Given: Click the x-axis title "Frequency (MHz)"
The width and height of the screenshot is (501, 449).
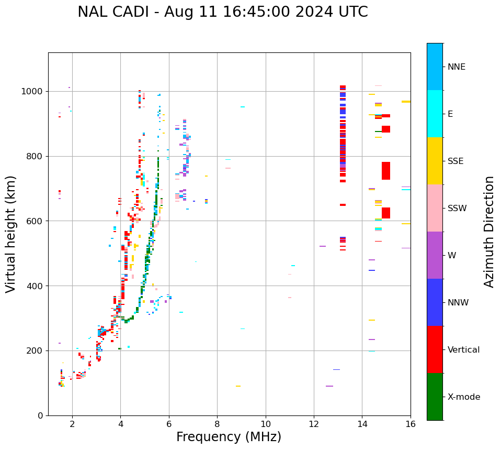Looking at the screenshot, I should click(229, 437).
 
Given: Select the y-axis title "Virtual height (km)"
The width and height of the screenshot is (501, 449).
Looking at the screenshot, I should click(11, 234).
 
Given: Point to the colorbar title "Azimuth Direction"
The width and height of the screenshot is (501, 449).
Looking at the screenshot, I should click(489, 232).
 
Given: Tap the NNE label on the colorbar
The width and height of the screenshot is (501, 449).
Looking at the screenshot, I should click(457, 67).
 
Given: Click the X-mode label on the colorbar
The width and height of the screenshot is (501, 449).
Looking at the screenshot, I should click(464, 397).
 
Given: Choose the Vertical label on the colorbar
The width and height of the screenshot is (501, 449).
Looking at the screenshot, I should click(463, 350).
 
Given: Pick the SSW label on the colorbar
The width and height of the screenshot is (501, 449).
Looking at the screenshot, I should click(457, 209).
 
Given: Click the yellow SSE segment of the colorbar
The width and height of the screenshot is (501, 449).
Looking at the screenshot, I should click(435, 161).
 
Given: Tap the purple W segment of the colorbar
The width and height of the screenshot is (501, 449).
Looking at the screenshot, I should click(435, 255).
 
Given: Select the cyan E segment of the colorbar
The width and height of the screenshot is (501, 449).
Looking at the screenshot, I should click(435, 114).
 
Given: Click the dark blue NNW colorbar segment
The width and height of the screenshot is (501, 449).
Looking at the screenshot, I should click(435, 302).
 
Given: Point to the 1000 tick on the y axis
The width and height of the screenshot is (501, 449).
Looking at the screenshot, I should click(33, 92).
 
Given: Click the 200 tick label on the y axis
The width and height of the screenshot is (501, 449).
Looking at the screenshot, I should click(35, 351).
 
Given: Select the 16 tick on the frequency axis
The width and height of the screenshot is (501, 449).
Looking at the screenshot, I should click(411, 424).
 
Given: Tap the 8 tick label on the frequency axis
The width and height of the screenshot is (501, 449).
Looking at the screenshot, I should click(217, 424).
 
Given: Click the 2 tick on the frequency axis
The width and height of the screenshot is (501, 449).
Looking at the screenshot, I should click(72, 424).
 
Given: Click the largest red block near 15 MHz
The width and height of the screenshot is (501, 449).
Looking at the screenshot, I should click(386, 171).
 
